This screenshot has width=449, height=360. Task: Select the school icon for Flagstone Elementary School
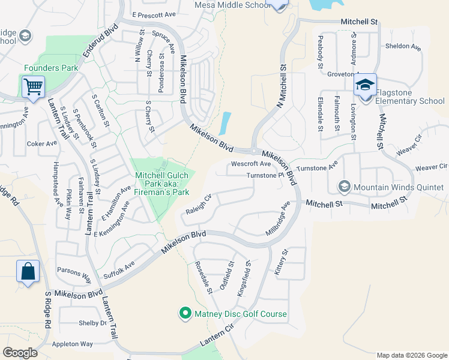click(365, 85)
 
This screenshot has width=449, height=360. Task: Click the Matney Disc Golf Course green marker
click(185, 313)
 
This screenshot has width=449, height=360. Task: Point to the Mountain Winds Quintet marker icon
click(345, 187)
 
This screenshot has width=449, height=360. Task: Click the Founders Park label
click(51, 68)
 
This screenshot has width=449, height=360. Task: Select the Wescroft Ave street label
click(252, 164)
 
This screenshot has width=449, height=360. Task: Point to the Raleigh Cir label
click(199, 205)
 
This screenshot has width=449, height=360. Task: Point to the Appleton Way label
click(73, 344)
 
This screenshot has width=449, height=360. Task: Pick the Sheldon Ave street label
click(402, 46)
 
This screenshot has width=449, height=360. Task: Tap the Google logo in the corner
click(20, 352)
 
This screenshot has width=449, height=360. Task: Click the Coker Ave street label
click(41, 144)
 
